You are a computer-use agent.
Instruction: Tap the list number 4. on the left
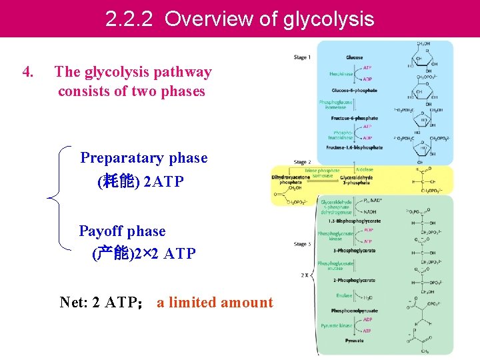tap(29, 72)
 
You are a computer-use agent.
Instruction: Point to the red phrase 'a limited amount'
tap(215, 303)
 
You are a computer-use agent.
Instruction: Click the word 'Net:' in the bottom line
tap(73, 303)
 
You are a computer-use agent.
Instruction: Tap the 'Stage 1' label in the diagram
tap(302, 57)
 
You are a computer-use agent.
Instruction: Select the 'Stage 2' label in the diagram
tap(302, 162)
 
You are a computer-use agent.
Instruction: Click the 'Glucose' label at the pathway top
tap(355, 57)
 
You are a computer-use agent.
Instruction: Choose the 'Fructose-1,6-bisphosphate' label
tap(355, 147)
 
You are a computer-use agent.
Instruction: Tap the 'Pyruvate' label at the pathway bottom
tap(355, 341)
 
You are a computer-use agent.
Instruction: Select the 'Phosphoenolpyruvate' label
tap(355, 311)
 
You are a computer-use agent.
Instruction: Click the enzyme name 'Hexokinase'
tap(341, 73)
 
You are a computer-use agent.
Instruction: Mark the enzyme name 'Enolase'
tap(344, 295)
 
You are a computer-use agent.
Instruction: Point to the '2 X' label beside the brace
tap(304, 275)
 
